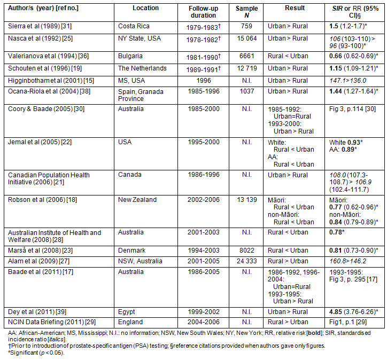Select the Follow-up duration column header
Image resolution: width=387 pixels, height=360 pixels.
click(204, 12)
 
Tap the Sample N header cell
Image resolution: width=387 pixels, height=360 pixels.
click(246, 12)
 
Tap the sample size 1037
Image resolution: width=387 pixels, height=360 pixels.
click(246, 91)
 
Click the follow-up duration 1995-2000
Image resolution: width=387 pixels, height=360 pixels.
click(204, 142)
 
